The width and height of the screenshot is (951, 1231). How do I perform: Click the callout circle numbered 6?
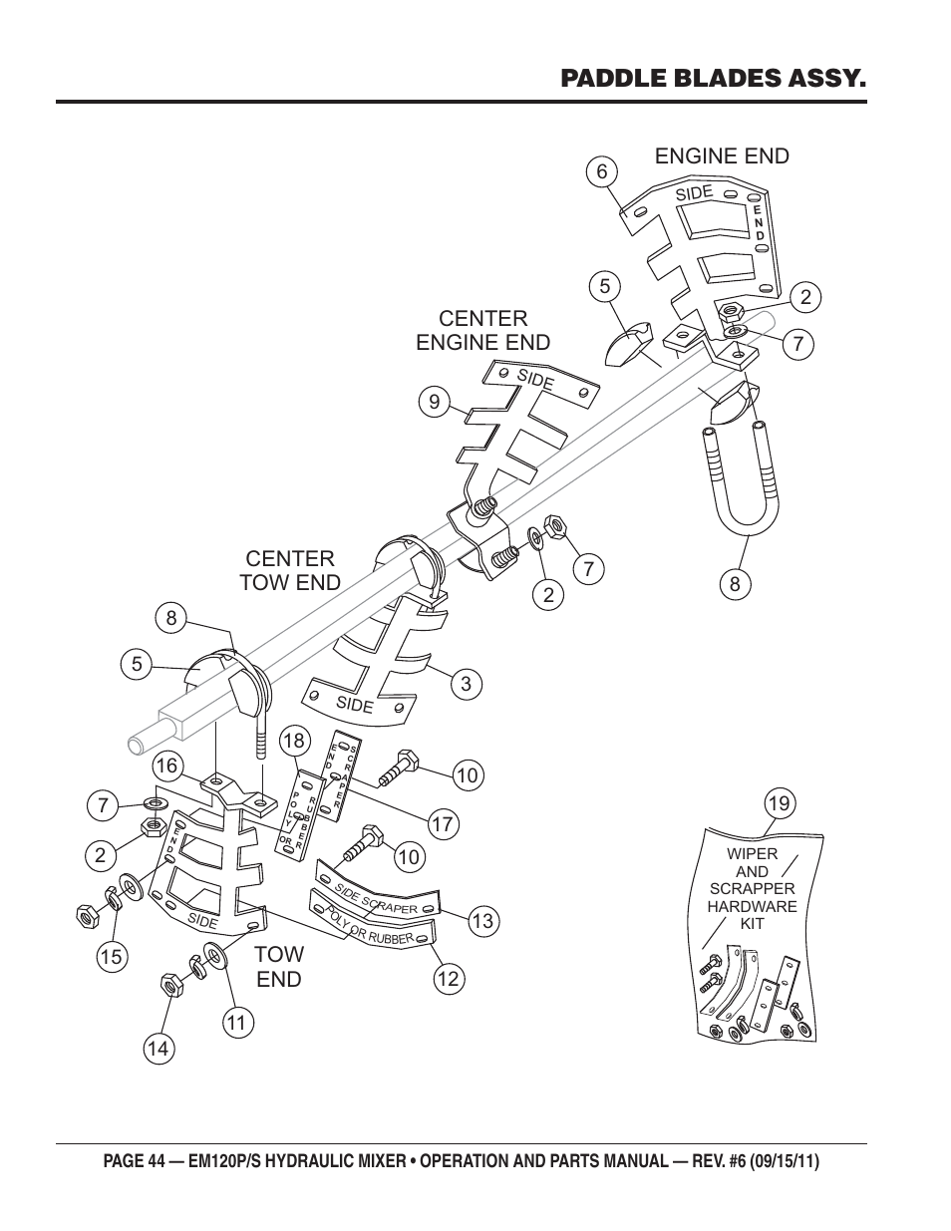(x=601, y=171)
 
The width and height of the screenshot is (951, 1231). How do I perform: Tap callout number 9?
(x=435, y=402)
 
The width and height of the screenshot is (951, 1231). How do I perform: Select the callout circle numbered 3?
(x=467, y=684)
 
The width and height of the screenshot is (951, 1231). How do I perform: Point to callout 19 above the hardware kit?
(x=780, y=803)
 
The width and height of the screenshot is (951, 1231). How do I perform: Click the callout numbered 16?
(x=167, y=767)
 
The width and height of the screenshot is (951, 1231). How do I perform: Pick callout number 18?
(x=295, y=741)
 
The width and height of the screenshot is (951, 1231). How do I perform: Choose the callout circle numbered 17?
(x=443, y=823)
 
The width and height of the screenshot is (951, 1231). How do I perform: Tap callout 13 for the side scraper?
(x=483, y=921)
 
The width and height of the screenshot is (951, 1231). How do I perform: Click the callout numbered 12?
(x=450, y=979)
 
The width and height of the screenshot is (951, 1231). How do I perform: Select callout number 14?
(x=158, y=1049)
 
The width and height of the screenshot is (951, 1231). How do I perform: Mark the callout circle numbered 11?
(x=237, y=1023)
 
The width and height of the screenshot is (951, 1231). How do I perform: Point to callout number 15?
(x=112, y=957)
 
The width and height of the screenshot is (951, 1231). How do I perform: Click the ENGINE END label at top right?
(x=722, y=155)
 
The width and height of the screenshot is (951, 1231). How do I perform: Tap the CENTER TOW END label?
(x=290, y=570)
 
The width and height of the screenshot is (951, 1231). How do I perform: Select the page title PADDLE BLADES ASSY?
(x=713, y=78)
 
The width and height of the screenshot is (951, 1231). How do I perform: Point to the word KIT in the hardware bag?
(x=753, y=923)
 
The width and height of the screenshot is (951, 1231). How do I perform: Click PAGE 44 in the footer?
(x=135, y=1161)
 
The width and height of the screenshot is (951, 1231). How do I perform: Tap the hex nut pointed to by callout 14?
(x=170, y=985)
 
